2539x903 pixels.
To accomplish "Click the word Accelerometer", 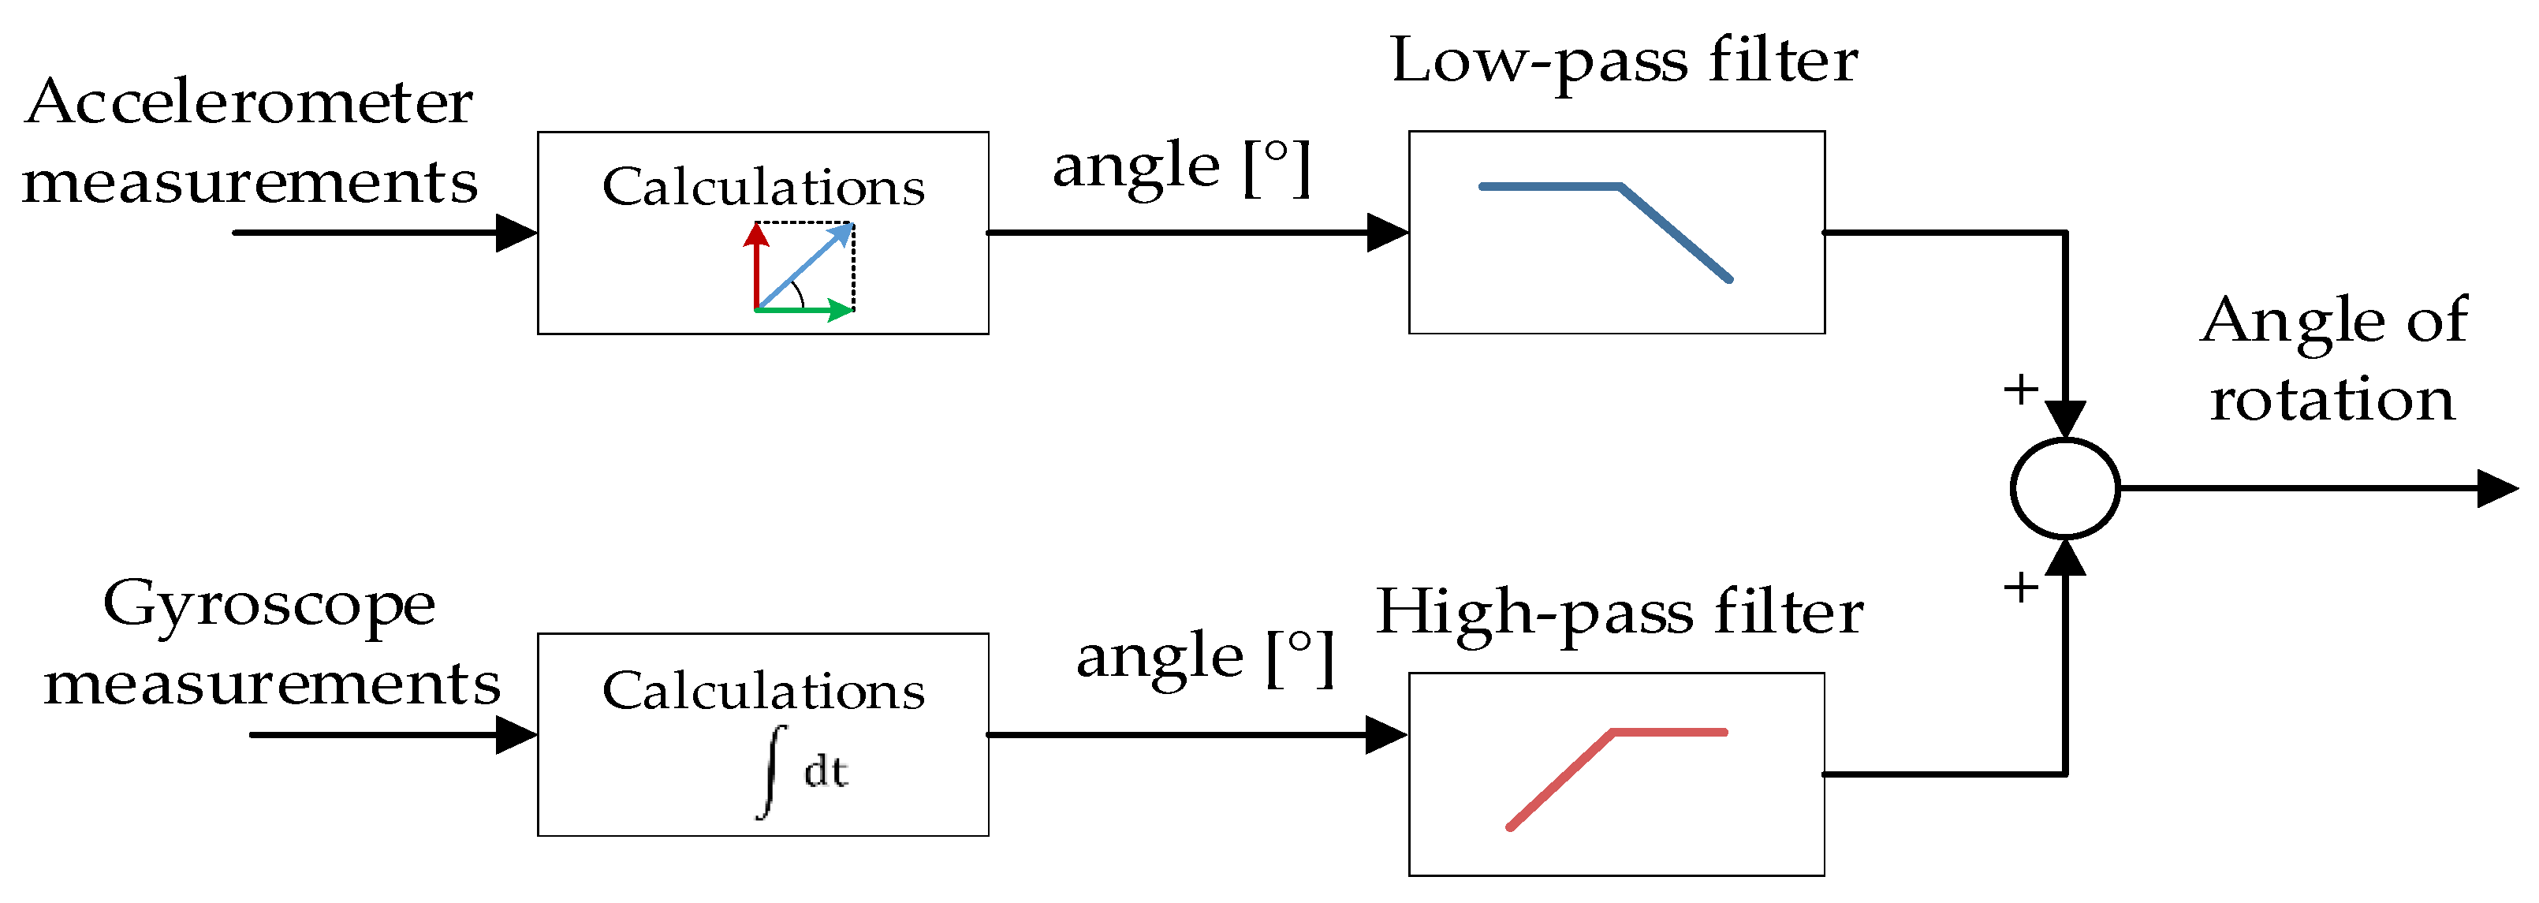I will (x=248, y=103).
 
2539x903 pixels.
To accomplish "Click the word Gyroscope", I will (x=268, y=603).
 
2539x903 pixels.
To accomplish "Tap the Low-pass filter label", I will (x=1624, y=62).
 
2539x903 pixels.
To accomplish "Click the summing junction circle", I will (x=2065, y=489).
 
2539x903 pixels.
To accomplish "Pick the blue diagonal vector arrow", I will (x=803, y=267).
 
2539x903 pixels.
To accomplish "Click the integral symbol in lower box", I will (x=772, y=771).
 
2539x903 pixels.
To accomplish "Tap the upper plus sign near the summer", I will (x=2020, y=390).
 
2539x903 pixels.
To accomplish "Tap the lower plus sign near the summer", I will (x=2020, y=588).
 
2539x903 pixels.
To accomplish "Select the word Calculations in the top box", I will (x=763, y=188).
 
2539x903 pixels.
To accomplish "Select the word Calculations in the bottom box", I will (x=763, y=690).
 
